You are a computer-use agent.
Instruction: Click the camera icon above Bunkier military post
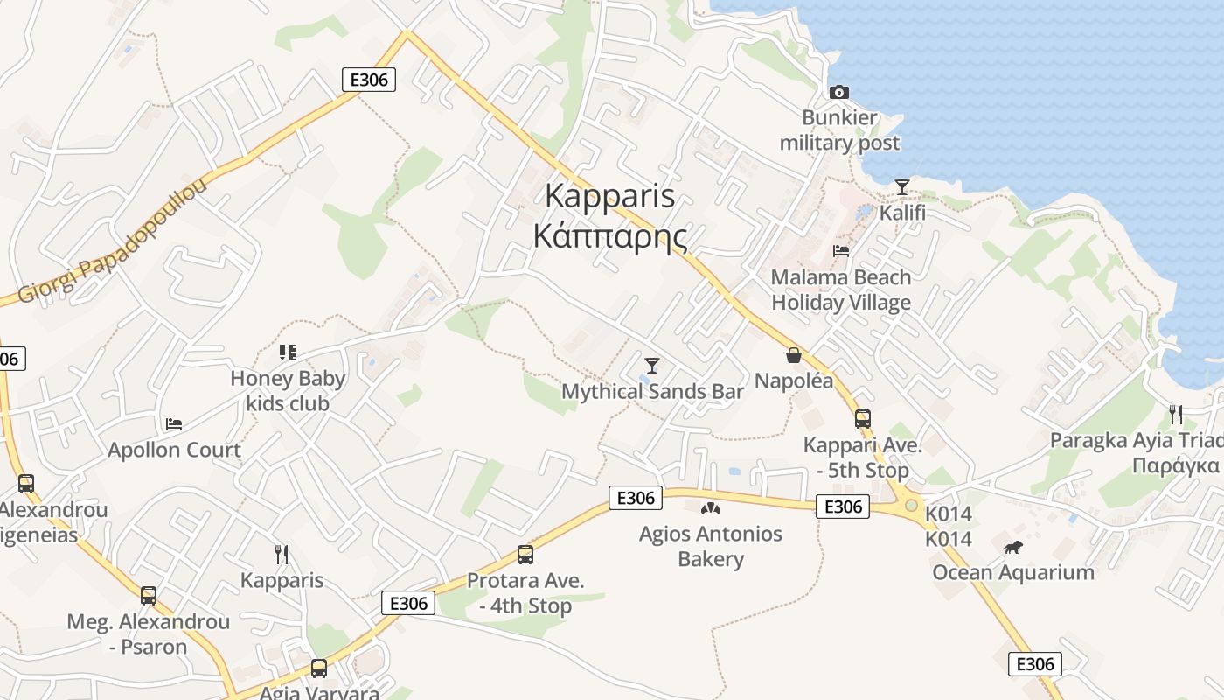[x=839, y=92]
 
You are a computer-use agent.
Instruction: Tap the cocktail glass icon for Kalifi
[x=902, y=187]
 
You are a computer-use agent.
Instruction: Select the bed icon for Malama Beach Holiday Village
[x=841, y=251]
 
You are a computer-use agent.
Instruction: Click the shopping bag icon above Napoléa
[x=794, y=355]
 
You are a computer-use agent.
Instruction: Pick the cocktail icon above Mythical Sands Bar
[x=651, y=366]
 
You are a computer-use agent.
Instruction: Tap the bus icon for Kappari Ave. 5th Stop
[x=863, y=418]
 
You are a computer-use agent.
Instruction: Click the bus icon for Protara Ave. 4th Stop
[x=525, y=554]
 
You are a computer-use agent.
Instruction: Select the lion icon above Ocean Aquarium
[x=1013, y=548]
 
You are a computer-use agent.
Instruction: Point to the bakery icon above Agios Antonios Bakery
[x=711, y=508]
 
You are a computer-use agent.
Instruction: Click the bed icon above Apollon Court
[x=174, y=424]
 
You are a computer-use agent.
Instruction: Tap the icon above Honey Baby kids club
[x=287, y=353]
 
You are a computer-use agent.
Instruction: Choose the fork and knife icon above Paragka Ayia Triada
[x=1176, y=414]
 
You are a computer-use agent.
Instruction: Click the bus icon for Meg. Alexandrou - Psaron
[x=149, y=596]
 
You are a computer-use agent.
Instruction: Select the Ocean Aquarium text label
[x=1013, y=573]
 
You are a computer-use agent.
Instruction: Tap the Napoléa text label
[x=794, y=381]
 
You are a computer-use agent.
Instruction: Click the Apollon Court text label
[x=174, y=451]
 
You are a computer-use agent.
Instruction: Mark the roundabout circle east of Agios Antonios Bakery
[x=912, y=506]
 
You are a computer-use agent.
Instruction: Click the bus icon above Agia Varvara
[x=319, y=668]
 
